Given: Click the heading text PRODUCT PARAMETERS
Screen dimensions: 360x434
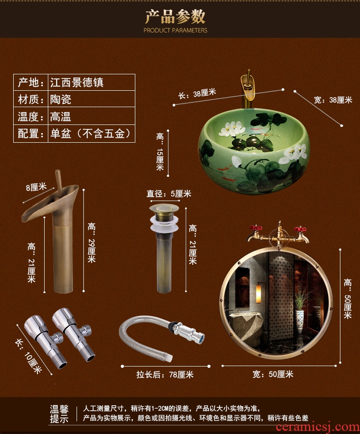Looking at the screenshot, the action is (x=175, y=30).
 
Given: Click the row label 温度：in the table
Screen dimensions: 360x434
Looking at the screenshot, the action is (x=31, y=117).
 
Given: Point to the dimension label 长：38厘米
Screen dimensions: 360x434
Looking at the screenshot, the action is (x=197, y=93).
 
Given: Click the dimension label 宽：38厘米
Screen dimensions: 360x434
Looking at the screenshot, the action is (x=333, y=100).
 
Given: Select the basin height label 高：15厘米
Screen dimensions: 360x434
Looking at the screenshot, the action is (x=160, y=152).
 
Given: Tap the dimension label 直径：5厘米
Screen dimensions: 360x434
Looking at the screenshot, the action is (x=169, y=193).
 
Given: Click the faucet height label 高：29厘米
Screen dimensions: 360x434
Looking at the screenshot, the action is (x=92, y=243).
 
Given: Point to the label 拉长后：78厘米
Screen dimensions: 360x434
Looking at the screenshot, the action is (x=165, y=374).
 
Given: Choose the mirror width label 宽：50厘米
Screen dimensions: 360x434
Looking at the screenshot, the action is (x=273, y=374).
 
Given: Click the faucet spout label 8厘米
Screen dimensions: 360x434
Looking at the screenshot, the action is (x=36, y=187).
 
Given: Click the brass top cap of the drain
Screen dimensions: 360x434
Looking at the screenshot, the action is (x=164, y=208).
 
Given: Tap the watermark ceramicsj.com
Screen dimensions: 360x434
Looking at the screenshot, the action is (x=318, y=427).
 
